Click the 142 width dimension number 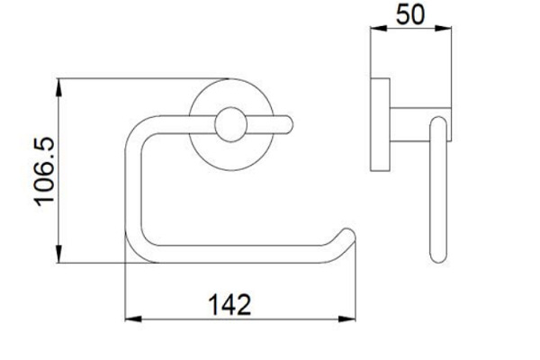point(230,304)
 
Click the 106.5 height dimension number point(44,171)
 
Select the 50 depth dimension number point(410,14)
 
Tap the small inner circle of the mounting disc point(230,124)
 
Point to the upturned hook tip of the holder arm point(347,235)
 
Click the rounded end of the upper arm point(288,124)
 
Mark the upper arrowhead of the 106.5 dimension point(58,87)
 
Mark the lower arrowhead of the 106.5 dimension point(58,254)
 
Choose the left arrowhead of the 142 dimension point(133,319)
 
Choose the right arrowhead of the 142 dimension point(346,319)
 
